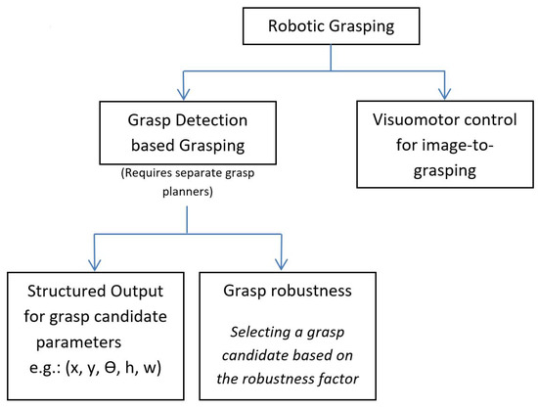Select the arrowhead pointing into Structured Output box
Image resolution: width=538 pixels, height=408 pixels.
[x=94, y=267]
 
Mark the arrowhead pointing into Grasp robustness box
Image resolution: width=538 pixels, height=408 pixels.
[x=281, y=267]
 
